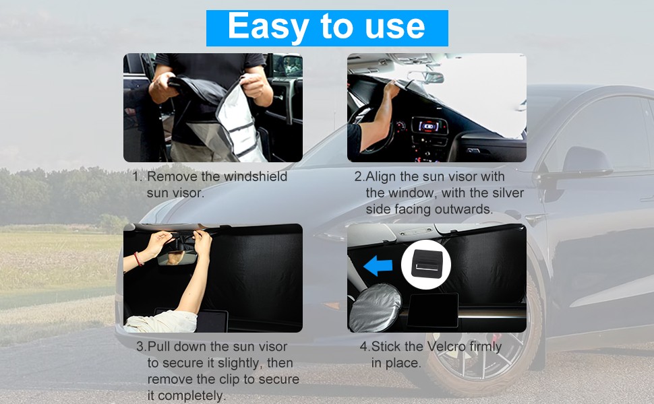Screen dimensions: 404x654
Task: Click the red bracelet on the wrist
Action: pyautogui.click(x=138, y=259)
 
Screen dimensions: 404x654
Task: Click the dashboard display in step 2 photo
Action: pyautogui.click(x=429, y=127)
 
